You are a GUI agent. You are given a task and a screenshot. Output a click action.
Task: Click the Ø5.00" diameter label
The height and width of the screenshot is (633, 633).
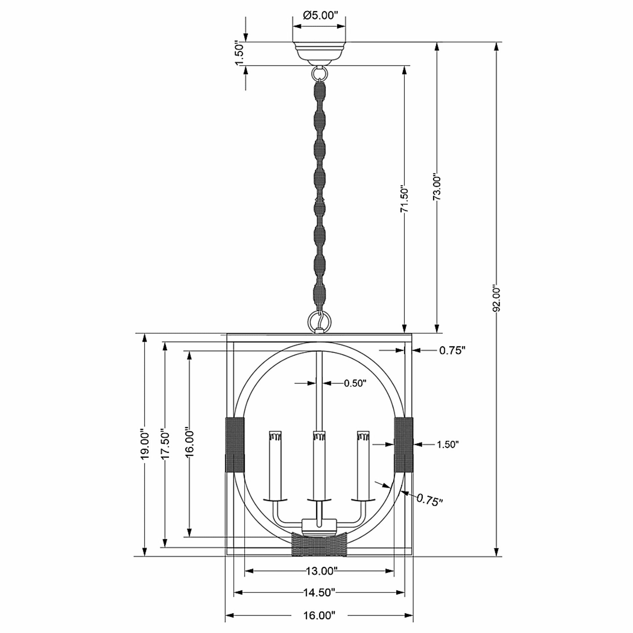[x=319, y=15]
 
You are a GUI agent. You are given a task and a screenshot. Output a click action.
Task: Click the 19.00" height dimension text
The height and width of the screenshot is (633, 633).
[x=144, y=443]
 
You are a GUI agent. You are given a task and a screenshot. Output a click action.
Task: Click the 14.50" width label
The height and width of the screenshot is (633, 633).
[x=319, y=592]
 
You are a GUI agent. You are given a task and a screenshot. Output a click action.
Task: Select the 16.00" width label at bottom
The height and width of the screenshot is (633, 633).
[x=319, y=615]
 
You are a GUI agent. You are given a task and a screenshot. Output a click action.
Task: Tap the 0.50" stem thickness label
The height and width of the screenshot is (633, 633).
[x=355, y=383]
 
